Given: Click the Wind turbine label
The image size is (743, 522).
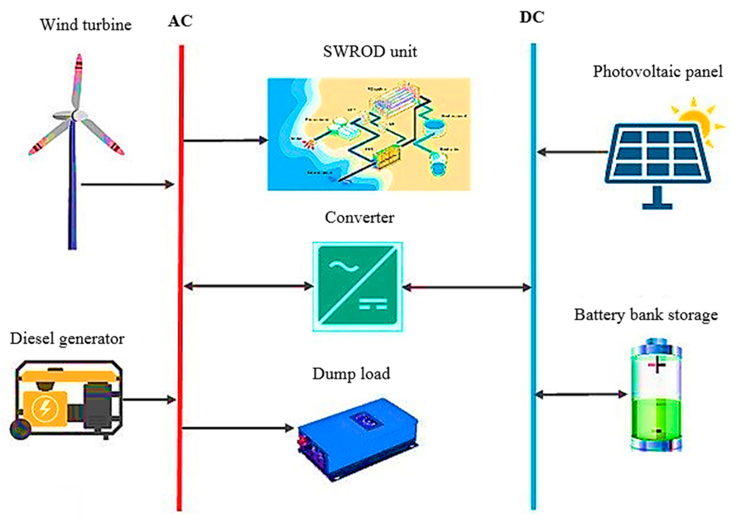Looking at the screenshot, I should [x=86, y=25].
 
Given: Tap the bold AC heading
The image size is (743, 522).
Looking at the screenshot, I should [x=180, y=21].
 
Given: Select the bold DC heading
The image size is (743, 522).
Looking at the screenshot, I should [x=532, y=18].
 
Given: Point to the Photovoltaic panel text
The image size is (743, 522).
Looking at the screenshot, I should [x=657, y=71].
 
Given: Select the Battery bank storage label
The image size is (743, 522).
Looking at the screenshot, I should [x=646, y=315].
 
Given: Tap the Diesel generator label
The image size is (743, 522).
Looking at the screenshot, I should [x=67, y=339].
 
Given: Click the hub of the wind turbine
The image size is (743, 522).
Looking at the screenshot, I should [x=75, y=115].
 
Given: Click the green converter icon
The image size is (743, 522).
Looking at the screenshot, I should [x=357, y=286].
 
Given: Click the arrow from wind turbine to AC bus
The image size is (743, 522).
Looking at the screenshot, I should [x=128, y=185].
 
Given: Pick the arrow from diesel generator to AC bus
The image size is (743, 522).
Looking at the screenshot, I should [x=149, y=400].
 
